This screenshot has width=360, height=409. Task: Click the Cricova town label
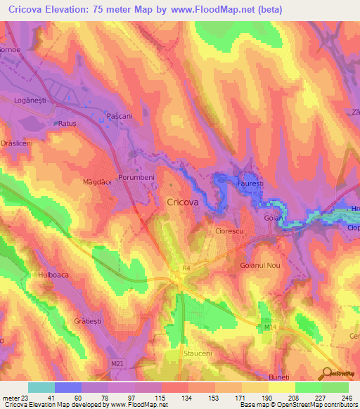[x=183, y=202]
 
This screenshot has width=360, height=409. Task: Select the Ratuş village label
[x=67, y=123]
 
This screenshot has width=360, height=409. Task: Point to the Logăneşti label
[x=30, y=100]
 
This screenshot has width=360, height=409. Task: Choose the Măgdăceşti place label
[x=97, y=182]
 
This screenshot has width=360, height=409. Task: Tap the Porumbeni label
[x=136, y=178]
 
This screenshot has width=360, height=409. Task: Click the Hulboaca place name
[x=53, y=275]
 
